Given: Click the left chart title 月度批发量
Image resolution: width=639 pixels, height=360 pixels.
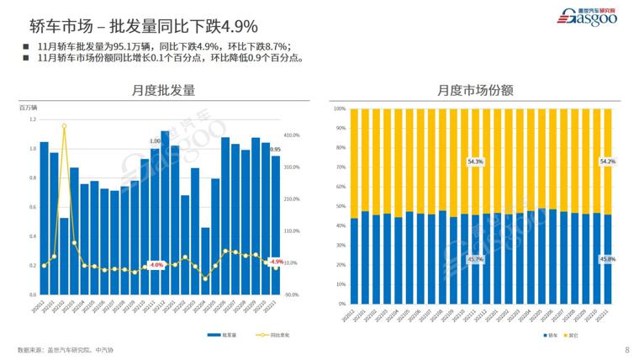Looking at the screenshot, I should [x=163, y=90].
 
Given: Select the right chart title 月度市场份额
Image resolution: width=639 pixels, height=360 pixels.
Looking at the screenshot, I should [x=476, y=90].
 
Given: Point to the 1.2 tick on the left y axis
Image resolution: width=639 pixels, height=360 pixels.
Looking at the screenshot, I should [x=33, y=119].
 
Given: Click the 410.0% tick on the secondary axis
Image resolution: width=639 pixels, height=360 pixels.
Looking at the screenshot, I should [x=292, y=135].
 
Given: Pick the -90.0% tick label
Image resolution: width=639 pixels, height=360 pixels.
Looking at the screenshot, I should [x=291, y=295].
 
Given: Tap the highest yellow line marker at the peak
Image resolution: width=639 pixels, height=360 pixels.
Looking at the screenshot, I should [x=64, y=127].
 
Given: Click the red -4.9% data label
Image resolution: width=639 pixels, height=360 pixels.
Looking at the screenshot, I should [x=276, y=262].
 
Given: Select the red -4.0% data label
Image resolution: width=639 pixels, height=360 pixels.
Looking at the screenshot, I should [x=155, y=265].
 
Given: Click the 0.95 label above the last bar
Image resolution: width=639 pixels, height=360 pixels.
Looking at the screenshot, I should [x=276, y=150].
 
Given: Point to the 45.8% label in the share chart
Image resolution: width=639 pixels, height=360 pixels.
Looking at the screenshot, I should [x=607, y=259].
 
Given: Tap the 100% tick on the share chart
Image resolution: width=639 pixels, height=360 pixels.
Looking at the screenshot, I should [x=340, y=109].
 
